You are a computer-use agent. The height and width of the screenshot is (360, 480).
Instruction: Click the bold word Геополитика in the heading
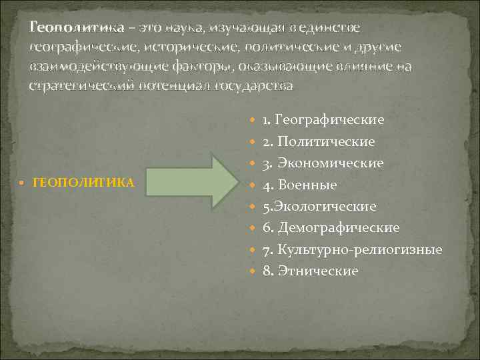coord(77,27)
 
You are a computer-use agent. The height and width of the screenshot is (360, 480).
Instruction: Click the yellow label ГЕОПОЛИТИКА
coord(83,182)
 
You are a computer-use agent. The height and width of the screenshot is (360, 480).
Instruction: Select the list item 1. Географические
coord(323,120)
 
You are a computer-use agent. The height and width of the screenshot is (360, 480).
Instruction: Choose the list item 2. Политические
coord(318,141)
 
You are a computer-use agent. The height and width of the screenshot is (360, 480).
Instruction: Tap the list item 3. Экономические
coord(323,163)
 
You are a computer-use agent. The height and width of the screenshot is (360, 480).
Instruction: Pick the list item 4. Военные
coord(299,185)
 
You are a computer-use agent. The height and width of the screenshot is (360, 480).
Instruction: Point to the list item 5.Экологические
coord(319,206)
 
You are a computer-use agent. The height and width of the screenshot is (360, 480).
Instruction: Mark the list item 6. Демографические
coord(331,227)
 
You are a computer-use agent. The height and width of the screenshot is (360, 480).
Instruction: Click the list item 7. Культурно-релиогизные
coord(352,249)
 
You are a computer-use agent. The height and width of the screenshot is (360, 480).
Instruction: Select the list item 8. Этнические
coord(310,271)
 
